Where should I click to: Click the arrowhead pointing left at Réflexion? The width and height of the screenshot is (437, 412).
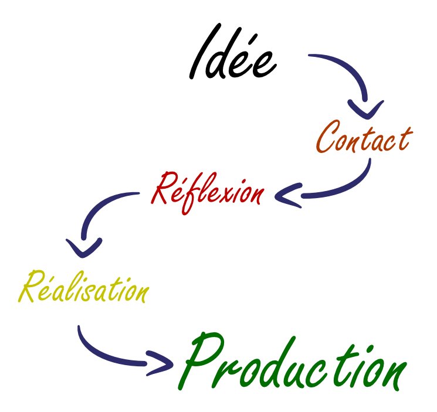pos(284,194)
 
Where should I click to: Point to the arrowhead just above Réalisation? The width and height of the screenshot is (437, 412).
pos(84,247)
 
